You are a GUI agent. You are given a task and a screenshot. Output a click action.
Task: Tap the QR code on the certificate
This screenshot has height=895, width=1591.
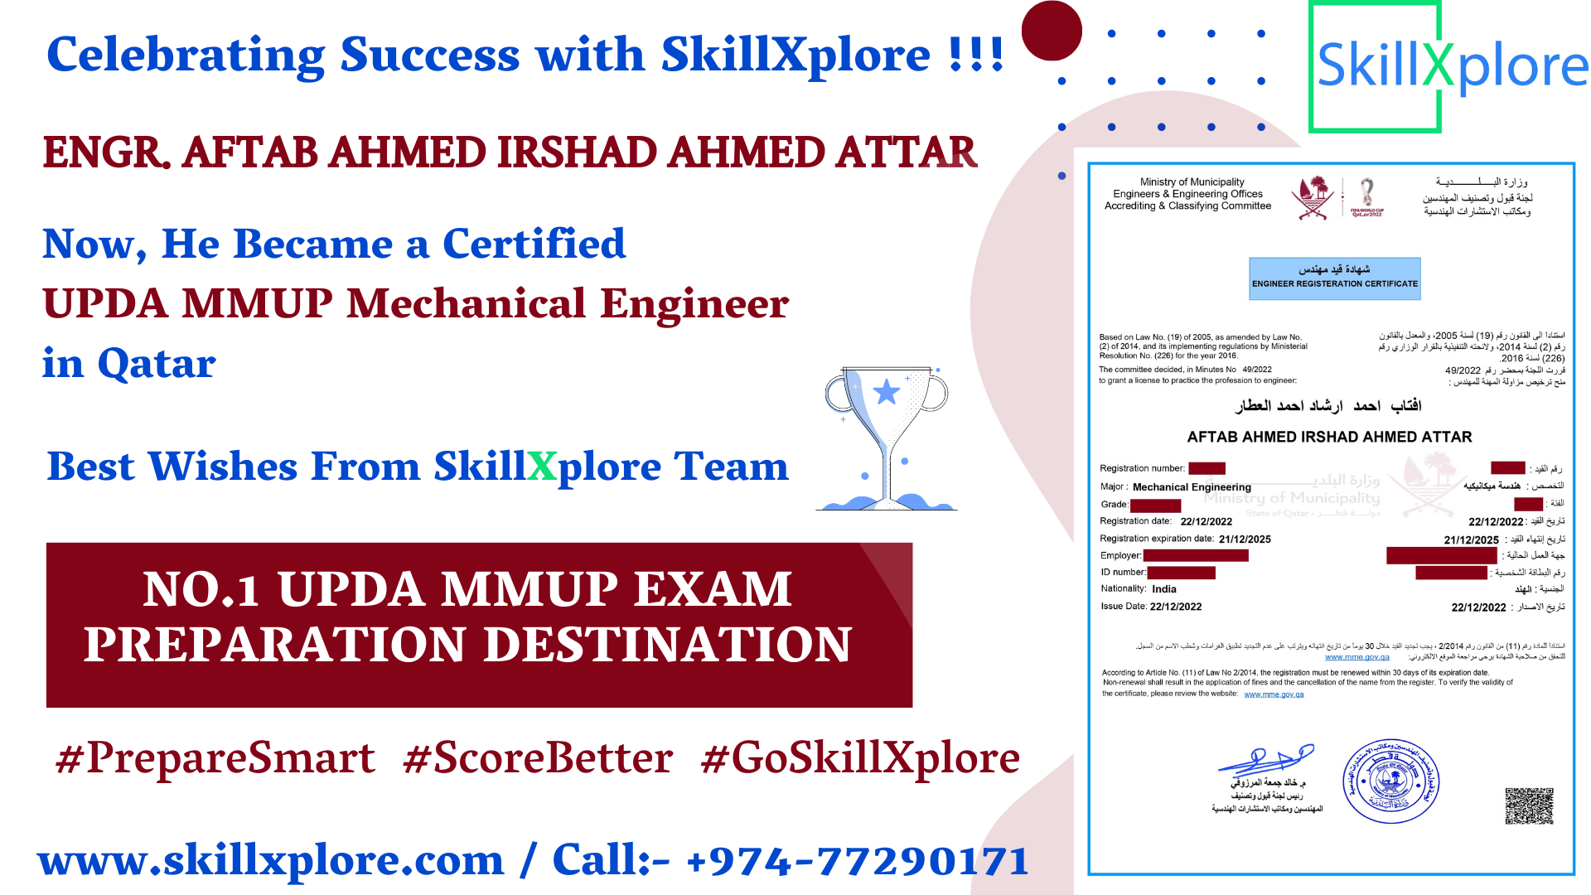[x=1529, y=805]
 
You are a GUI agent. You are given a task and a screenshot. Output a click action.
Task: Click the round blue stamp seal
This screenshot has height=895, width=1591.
[x=1390, y=781]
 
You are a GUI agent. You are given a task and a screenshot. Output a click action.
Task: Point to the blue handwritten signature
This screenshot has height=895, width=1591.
[x=1266, y=759]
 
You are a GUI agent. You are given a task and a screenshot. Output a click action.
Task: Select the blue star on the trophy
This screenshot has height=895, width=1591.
[x=887, y=391]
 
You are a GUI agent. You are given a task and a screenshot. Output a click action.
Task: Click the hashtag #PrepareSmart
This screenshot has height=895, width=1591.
[x=215, y=758]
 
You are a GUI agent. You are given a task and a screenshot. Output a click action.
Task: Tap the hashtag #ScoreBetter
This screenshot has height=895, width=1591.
[x=538, y=758]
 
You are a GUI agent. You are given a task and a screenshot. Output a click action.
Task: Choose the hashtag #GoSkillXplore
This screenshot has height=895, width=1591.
[x=860, y=758]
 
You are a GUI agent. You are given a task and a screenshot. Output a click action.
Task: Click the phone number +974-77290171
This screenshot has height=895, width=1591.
[x=858, y=861]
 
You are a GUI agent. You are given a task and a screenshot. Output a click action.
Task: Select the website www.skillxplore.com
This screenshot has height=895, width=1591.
[x=271, y=861]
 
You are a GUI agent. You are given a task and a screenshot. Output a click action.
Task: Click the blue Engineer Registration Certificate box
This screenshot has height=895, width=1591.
[x=1334, y=278]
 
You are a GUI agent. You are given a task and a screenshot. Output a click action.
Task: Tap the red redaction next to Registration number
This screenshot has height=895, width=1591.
[x=1207, y=468]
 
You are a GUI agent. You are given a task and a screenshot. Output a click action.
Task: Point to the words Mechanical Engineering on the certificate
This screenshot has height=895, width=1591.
[x=1192, y=487]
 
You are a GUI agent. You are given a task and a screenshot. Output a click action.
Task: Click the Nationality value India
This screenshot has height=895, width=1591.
[x=1163, y=589]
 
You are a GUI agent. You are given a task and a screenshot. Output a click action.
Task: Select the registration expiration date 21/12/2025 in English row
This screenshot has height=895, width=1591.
[x=1245, y=539]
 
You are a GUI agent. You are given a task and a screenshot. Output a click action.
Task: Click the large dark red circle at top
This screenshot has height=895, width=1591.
[x=1052, y=31]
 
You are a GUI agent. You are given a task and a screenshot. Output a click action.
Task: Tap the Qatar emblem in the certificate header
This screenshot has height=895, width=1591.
[x=1313, y=198]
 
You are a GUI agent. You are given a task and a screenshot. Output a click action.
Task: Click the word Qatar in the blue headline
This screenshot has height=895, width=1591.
[x=157, y=363]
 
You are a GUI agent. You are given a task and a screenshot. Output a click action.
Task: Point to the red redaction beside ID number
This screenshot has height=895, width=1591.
[x=1181, y=573]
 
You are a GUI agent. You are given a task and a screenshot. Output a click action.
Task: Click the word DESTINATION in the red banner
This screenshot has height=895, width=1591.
[x=667, y=645]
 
